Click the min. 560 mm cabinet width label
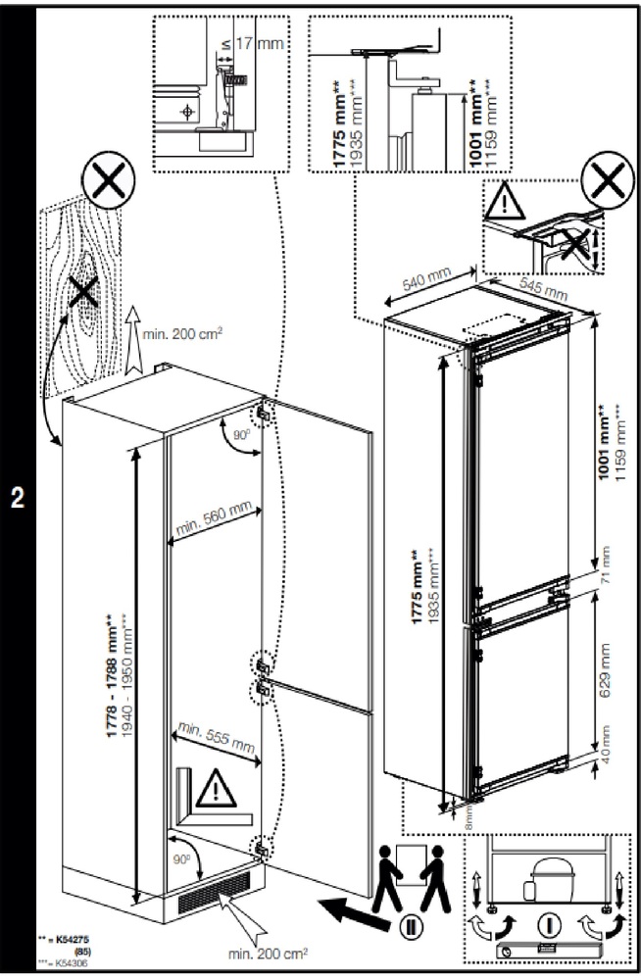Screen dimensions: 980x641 (x=214, y=517)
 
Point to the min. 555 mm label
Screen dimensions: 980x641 (x=214, y=736)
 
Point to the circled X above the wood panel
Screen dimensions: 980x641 (x=107, y=183)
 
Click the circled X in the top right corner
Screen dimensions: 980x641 (x=608, y=181)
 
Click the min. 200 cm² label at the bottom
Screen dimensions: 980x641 (x=267, y=952)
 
